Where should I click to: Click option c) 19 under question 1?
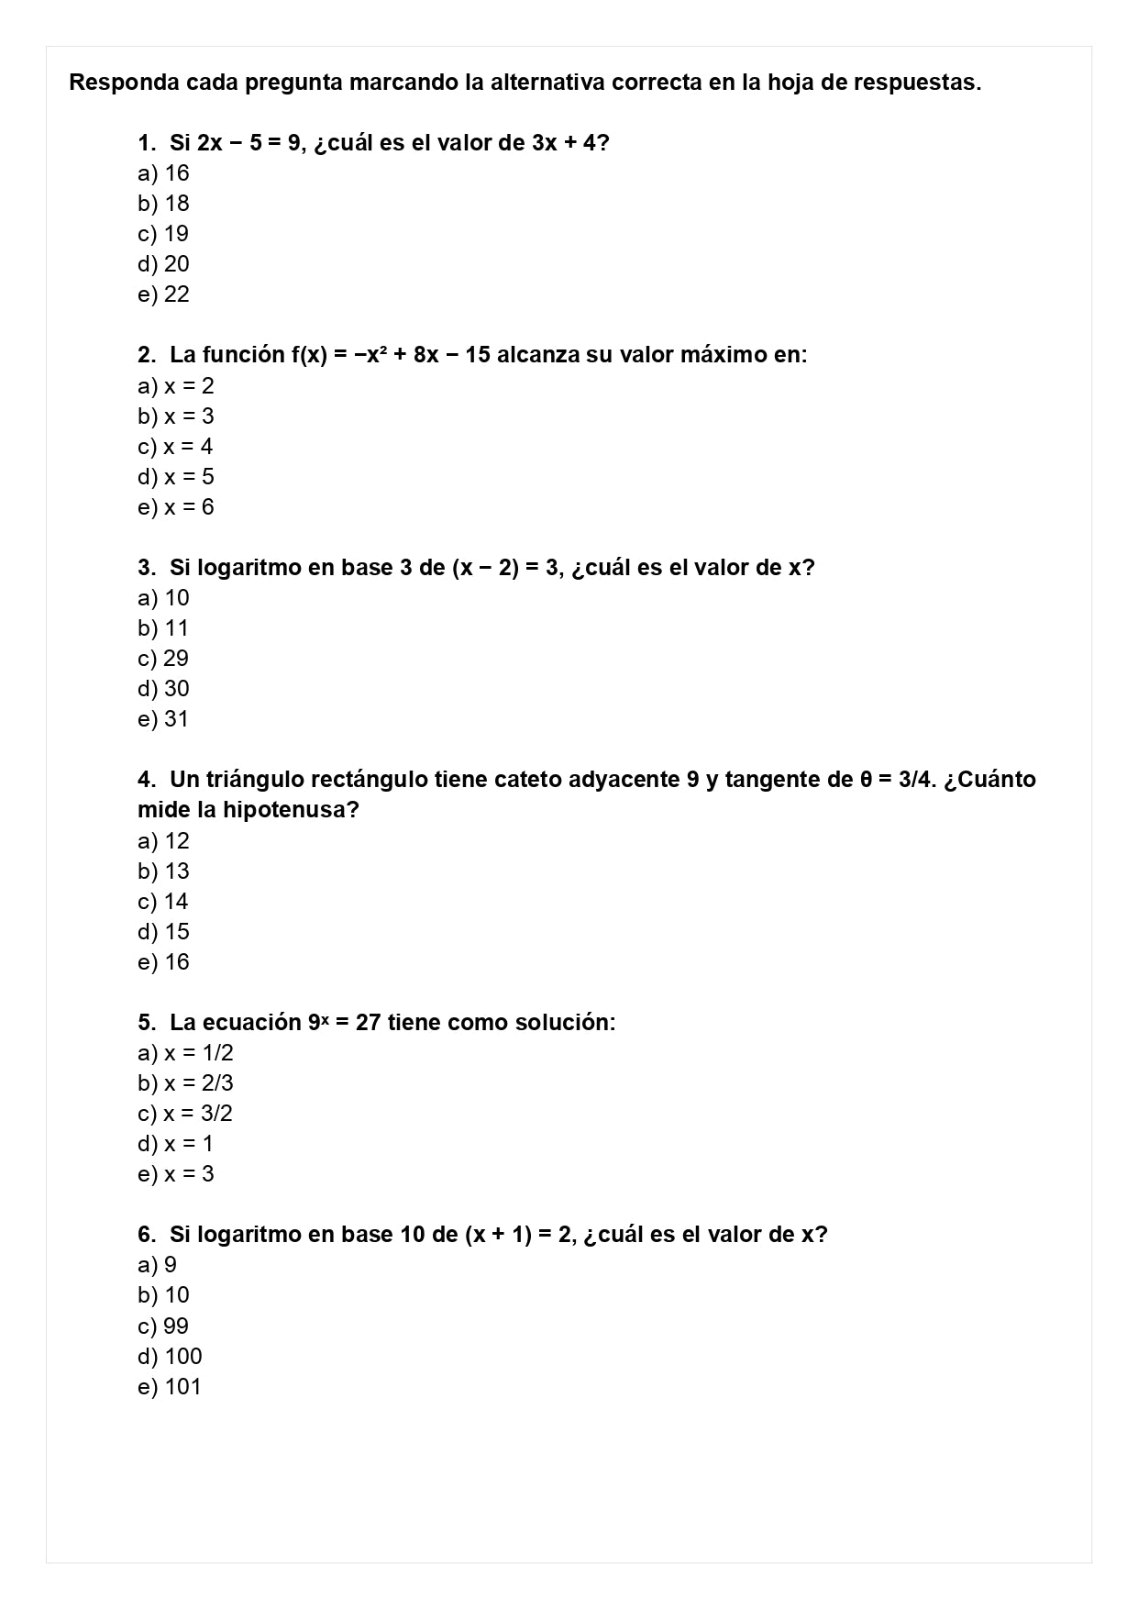(x=163, y=234)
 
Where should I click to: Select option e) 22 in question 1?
(x=163, y=294)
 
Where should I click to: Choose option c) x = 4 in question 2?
(x=175, y=447)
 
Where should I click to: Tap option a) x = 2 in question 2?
(x=175, y=386)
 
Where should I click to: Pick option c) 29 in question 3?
(x=163, y=659)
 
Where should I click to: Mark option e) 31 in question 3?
(x=163, y=719)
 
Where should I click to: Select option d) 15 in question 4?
(x=163, y=932)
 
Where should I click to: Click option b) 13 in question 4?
(x=163, y=871)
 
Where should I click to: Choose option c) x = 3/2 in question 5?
(x=185, y=1114)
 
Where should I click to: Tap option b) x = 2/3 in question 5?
(x=185, y=1083)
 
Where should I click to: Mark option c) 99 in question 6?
(x=163, y=1326)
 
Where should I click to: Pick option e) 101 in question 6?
(x=169, y=1387)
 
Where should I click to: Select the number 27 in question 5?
(x=368, y=1023)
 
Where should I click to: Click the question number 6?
(x=146, y=1235)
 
